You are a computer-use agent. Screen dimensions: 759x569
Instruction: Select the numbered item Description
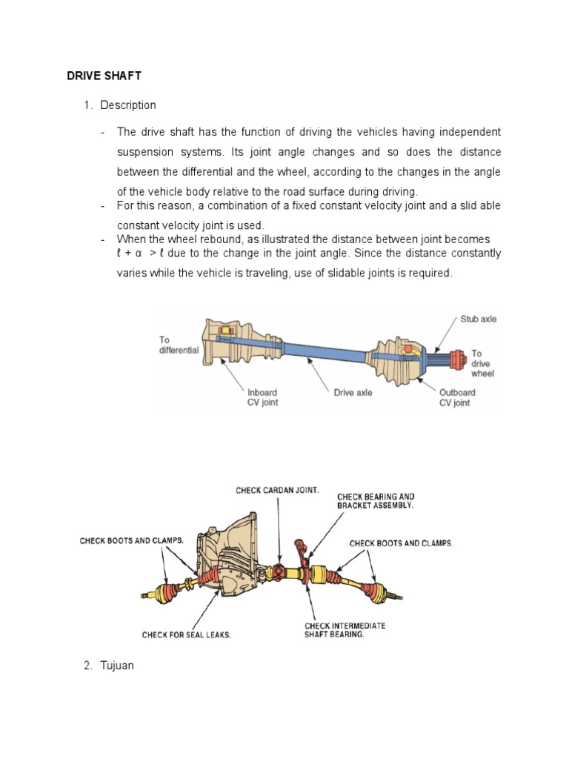click(x=128, y=105)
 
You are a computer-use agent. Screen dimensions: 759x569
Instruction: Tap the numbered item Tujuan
click(x=116, y=666)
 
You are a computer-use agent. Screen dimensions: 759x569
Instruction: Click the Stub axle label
click(x=478, y=319)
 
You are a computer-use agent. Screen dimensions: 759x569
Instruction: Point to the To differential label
click(x=179, y=345)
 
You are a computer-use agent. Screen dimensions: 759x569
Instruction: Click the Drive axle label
click(x=353, y=393)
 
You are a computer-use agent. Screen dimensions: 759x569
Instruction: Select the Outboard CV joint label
click(x=457, y=398)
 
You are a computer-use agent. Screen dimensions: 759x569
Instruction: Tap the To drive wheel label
click(x=482, y=363)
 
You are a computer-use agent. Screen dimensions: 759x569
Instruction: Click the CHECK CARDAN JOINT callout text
click(x=277, y=490)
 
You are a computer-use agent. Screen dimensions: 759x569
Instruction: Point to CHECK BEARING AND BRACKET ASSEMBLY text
click(x=376, y=500)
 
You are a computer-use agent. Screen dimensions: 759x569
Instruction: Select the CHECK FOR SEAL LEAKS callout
click(x=187, y=634)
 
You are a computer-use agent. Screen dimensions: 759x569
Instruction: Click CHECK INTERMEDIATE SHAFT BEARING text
click(x=345, y=630)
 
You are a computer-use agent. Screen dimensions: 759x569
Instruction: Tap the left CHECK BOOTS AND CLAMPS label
click(x=131, y=541)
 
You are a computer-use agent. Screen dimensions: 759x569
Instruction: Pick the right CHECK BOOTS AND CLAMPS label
click(x=400, y=543)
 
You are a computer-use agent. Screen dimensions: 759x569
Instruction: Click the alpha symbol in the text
click(x=139, y=253)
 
